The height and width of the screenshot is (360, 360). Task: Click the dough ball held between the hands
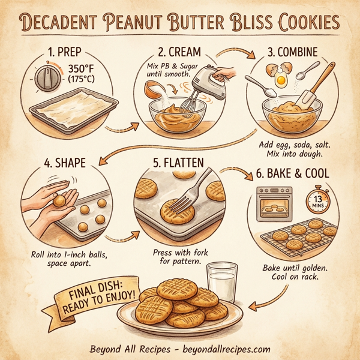pyautogui.click(x=60, y=202)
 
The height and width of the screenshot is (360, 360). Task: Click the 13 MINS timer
pyautogui.click(x=318, y=200)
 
